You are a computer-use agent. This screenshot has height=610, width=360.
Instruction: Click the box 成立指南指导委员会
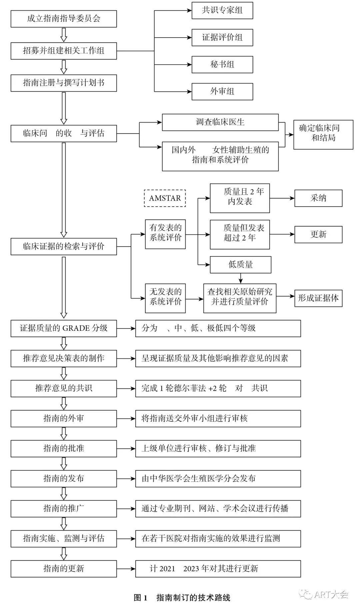point(63,19)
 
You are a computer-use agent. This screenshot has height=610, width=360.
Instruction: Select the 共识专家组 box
point(222,10)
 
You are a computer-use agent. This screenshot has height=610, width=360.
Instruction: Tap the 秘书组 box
point(222,64)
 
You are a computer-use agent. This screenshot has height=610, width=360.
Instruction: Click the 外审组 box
point(222,91)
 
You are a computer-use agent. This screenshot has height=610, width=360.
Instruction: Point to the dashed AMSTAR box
point(165,198)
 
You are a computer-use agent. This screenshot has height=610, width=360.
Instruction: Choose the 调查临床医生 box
point(220,122)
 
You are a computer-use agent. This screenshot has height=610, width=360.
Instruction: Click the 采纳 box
point(318,198)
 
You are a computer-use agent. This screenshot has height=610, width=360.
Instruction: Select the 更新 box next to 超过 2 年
point(318,234)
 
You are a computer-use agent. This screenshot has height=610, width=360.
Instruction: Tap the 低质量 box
point(240,265)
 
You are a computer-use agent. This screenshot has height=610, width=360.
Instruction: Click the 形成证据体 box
point(318,298)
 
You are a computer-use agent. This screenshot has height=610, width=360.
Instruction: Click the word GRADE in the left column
point(76,328)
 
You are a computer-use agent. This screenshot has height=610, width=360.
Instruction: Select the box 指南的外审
point(63,418)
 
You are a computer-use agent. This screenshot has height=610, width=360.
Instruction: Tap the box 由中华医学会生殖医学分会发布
point(218,479)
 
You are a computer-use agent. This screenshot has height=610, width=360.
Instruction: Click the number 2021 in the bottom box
point(167,569)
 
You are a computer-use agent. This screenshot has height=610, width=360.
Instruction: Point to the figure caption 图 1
point(140,598)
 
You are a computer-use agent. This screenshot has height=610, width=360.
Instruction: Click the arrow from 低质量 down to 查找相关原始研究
point(241,278)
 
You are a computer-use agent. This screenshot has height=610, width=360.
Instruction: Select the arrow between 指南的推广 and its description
point(126,509)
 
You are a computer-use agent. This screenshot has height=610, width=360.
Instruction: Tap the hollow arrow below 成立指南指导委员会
point(64,35)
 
